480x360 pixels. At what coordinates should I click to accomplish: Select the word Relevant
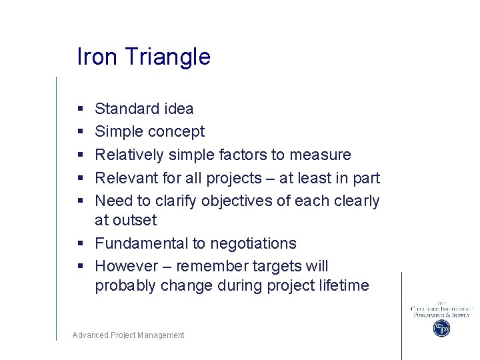[125, 178]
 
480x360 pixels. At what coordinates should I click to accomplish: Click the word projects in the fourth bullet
[234, 179]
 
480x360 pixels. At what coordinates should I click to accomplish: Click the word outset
[135, 220]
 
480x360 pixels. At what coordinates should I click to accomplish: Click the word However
[124, 266]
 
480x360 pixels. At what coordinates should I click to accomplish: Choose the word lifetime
[338, 285]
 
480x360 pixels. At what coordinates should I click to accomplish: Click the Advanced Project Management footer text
[128, 335]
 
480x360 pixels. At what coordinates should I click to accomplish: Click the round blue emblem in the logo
[441, 328]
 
